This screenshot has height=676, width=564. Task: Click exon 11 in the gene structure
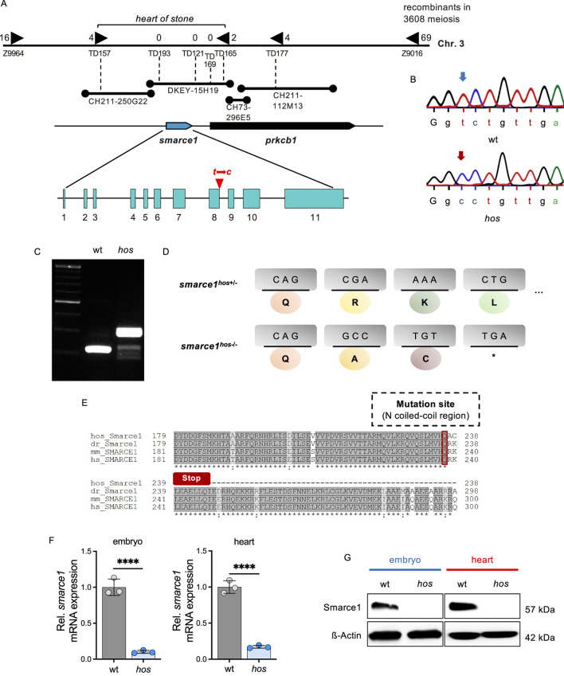[314, 198]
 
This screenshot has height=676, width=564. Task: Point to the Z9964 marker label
[14, 54]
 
